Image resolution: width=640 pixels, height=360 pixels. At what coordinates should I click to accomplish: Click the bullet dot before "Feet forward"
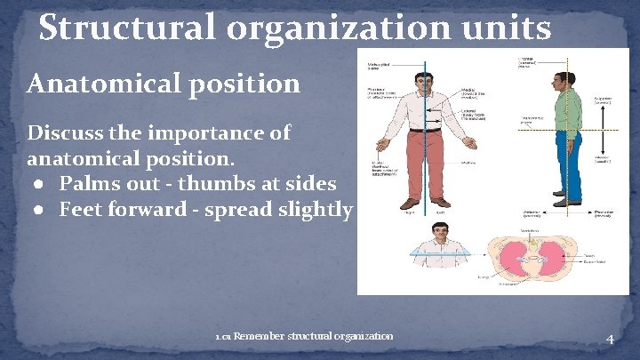41,211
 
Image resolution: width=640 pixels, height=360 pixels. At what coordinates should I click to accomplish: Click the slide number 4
610,339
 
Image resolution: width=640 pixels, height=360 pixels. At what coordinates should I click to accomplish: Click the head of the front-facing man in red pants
426,81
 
